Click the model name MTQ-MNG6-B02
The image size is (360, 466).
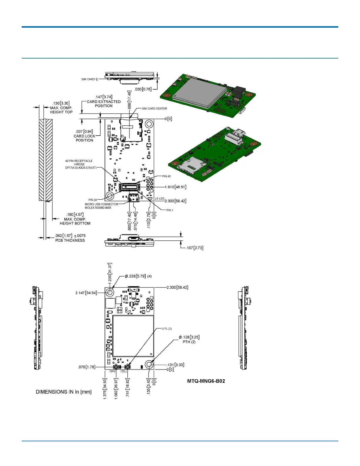pyautogui.click(x=206, y=381)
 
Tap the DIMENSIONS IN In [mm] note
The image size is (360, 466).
pyautogui.click(x=64, y=392)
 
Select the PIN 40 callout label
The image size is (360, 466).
pyautogui.click(x=166, y=176)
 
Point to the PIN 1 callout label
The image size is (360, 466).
pyautogui.click(x=170, y=210)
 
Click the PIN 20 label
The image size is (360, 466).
pyautogui.click(x=93, y=200)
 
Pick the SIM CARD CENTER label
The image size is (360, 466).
pyautogui.click(x=154, y=109)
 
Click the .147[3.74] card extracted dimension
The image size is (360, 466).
pyautogui.click(x=104, y=97)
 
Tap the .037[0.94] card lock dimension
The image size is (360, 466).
pyautogui.click(x=84, y=132)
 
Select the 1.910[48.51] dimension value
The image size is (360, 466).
pyautogui.click(x=175, y=187)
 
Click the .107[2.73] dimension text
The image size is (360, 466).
pyautogui.click(x=194, y=248)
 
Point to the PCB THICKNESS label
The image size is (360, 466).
pyautogui.click(x=70, y=240)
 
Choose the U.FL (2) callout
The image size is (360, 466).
pyautogui.click(x=167, y=329)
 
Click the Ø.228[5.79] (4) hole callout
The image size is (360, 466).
pyautogui.click(x=138, y=276)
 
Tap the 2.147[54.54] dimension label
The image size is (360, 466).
pyautogui.click(x=86, y=293)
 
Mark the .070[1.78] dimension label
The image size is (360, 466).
pyautogui.click(x=86, y=367)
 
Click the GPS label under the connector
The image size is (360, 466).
pyautogui.click(x=113, y=371)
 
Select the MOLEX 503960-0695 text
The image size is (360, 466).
pyautogui.click(x=98, y=208)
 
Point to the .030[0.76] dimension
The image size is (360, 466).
pyautogui.click(x=143, y=89)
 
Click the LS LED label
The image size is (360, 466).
pyautogui.click(x=160, y=199)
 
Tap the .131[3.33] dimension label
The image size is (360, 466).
pyautogui.click(x=175, y=365)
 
